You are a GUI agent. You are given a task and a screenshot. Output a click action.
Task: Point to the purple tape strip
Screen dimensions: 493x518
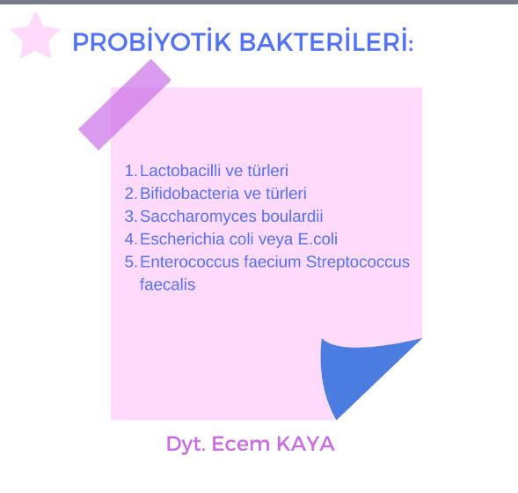125,104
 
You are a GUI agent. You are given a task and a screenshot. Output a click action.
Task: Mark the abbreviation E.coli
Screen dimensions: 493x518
315,239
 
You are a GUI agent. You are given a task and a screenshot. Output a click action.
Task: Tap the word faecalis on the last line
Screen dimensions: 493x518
167,285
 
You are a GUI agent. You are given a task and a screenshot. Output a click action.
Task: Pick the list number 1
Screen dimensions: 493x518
130,171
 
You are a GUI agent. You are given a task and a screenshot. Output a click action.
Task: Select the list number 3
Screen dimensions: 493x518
130,217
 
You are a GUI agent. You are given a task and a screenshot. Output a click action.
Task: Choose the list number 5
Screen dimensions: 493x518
130,262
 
